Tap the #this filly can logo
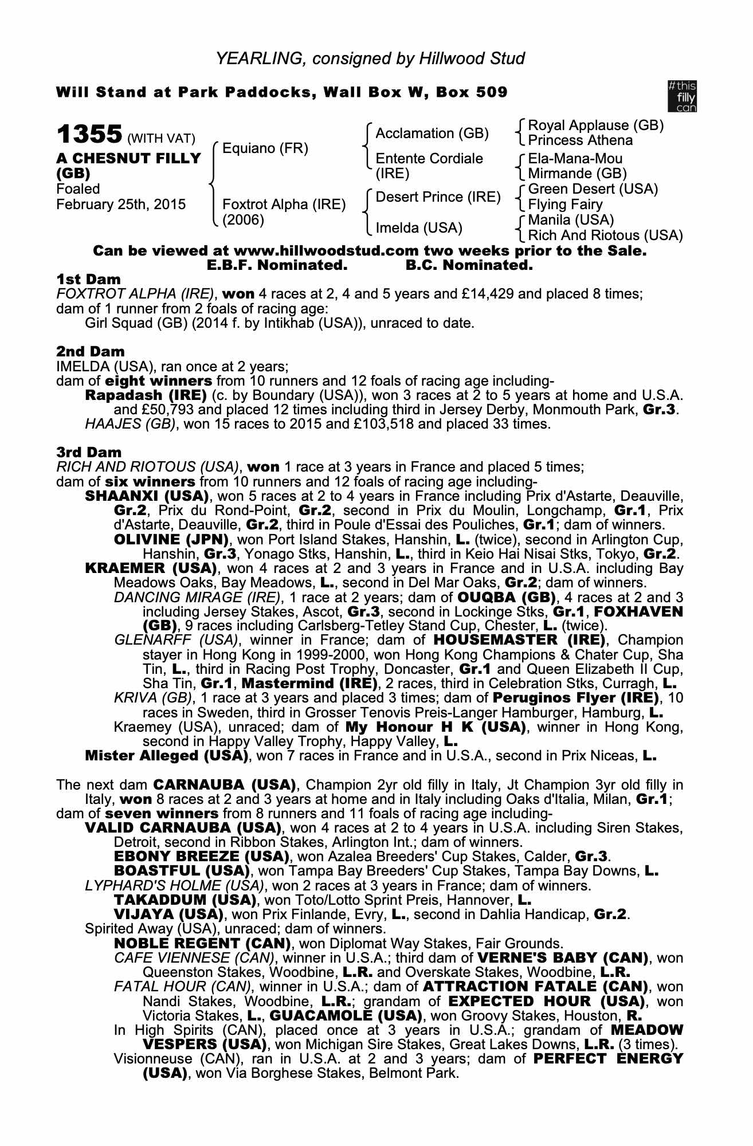pos(682,96)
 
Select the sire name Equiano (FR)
pos(265,149)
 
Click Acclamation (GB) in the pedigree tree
pos(432,134)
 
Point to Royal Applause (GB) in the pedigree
pos(595,125)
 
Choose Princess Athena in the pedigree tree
pos(580,140)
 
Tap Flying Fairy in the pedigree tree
pos(565,205)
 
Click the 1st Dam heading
pos(89,280)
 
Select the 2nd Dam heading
pos(91,351)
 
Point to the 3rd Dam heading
pos(89,452)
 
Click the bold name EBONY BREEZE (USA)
pos(201,857)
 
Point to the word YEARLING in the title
pos(256,58)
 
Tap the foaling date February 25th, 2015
pos(121,205)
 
